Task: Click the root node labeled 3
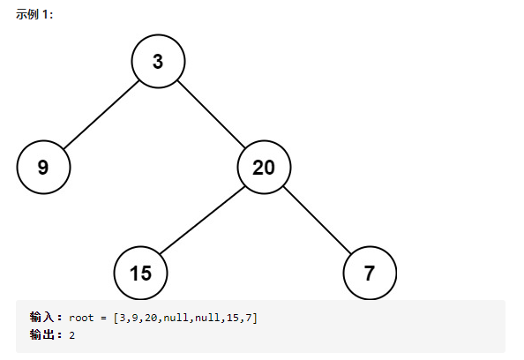pos(158,61)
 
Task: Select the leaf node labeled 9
pos(43,167)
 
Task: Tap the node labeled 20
pos(264,167)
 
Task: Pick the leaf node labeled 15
pos(140,273)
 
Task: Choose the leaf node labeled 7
pos(370,273)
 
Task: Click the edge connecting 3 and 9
pos(101,115)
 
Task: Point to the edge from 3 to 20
pos(211,114)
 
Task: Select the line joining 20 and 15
pos(202,221)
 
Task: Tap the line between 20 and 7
pos(318,220)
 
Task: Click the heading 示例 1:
pos(34,14)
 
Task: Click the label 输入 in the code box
pos(41,317)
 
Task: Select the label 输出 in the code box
pos(41,334)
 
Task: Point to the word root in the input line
pos(81,318)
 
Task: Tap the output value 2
pos(72,335)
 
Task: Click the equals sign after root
pos(103,318)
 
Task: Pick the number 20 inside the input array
pos(151,318)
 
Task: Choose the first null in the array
pos(176,318)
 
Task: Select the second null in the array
pos(207,318)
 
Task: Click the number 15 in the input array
pos(233,318)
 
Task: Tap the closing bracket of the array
pos(255,318)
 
